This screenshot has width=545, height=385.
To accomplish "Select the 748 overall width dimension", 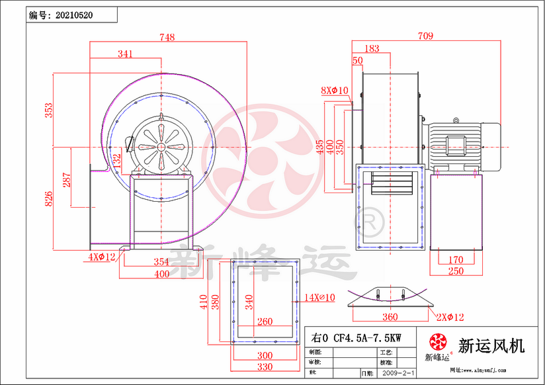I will pyautogui.click(x=167, y=38).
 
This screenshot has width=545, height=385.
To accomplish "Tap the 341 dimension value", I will pyautogui.click(x=125, y=54).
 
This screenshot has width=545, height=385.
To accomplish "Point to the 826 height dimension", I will pyautogui.click(x=49, y=198).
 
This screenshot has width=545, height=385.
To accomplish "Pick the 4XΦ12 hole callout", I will pyautogui.click(x=102, y=256).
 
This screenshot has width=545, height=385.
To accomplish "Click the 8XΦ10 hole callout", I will pyautogui.click(x=334, y=90).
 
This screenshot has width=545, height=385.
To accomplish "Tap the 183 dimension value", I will pyautogui.click(x=372, y=48).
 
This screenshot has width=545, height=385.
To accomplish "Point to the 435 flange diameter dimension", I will pyautogui.click(x=321, y=146).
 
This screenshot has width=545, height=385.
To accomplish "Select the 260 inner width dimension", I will pyautogui.click(x=265, y=322).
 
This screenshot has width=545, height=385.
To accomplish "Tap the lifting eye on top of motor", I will pyautogui.click(x=456, y=120).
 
